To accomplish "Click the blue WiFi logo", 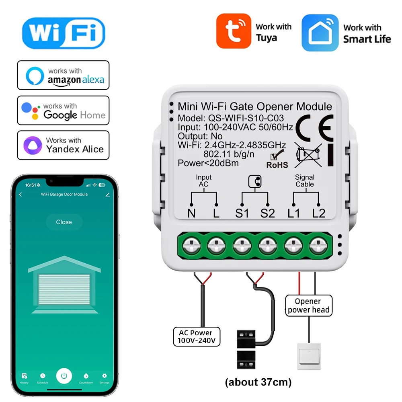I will tap(63, 33).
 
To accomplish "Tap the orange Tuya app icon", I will tap(234, 31).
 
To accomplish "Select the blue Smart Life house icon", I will tap(320, 33).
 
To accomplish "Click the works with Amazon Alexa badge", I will tap(63, 75).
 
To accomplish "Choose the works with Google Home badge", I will tap(63, 110).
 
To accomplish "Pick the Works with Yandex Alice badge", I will tap(63, 145).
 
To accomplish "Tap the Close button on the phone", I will tap(64, 222).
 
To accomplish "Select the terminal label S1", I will tap(242, 213).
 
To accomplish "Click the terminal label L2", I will tap(318, 213).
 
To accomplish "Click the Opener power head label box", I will tap(308, 306).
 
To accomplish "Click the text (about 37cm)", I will tap(258, 382).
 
